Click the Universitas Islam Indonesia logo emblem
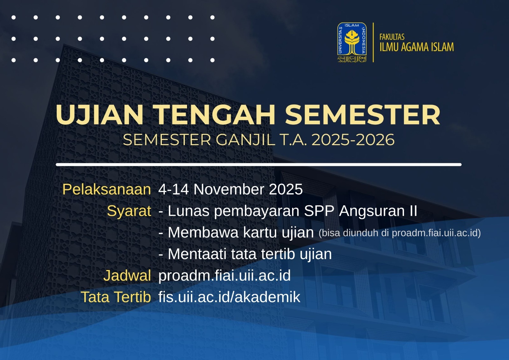(352, 42)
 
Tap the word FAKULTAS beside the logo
(392, 37)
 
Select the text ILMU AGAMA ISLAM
(417, 47)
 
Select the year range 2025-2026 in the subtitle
(353, 140)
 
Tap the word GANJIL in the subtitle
(245, 140)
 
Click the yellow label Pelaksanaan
(107, 189)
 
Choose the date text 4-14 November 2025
(230, 189)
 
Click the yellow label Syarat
(129, 211)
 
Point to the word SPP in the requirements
(319, 211)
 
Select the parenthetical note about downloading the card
(400, 233)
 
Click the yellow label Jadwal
(127, 275)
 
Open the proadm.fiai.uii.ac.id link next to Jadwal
(225, 276)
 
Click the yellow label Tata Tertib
(116, 297)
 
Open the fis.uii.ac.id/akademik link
(229, 297)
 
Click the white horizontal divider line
(259, 165)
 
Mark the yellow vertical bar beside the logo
(373, 42)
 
